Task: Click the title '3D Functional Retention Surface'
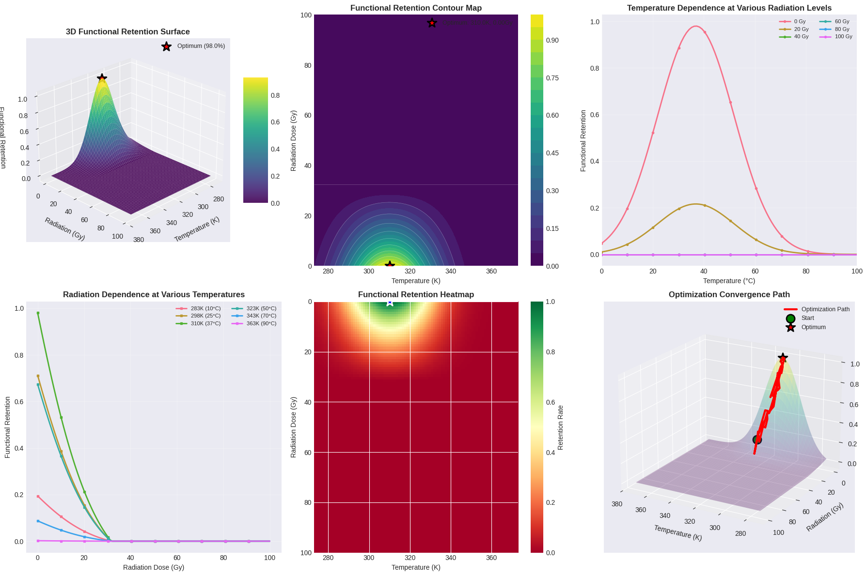(128, 32)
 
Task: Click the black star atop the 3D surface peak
(102, 78)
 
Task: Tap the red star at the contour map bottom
(390, 265)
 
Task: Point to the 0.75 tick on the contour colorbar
(552, 78)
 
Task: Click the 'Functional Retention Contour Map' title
(416, 8)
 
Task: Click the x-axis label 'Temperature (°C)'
(729, 281)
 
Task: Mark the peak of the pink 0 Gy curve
(696, 26)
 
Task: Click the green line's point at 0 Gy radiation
(38, 313)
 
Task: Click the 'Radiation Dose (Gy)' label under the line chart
(154, 567)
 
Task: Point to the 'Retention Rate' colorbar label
(560, 427)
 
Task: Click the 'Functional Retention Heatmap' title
(416, 295)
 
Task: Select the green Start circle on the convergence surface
(757, 440)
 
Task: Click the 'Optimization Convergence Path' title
(729, 295)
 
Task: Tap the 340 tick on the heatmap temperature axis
(451, 558)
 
